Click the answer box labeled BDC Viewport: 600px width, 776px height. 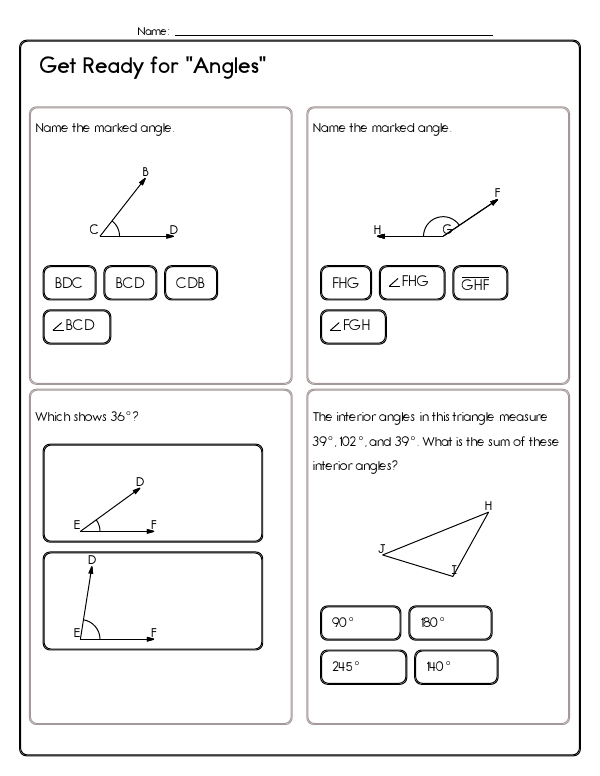[69, 283]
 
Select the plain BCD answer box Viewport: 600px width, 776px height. [130, 283]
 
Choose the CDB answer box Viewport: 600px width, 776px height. [190, 283]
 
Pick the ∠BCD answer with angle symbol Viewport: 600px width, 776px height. [76, 327]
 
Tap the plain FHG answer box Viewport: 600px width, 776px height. [345, 283]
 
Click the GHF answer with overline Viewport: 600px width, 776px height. [480, 284]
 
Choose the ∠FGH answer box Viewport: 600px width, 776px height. [352, 327]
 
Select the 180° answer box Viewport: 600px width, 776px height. [450, 622]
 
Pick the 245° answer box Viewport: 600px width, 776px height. [362, 666]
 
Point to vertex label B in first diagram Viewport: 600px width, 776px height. [146, 172]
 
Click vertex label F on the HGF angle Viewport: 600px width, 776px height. [497, 191]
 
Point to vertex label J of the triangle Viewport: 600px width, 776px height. [381, 547]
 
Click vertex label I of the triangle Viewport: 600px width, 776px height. [454, 570]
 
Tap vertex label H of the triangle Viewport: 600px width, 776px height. [488, 505]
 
